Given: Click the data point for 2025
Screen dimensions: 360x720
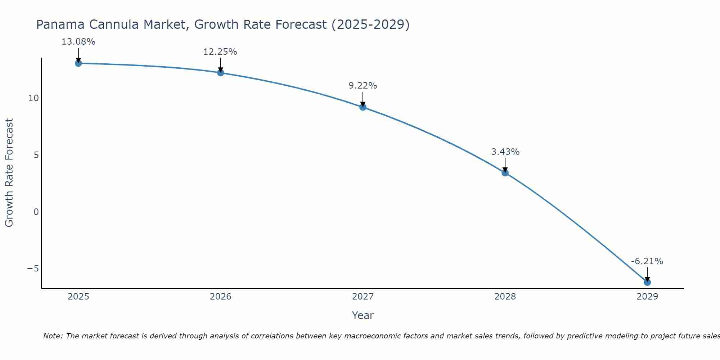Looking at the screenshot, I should pyautogui.click(x=78, y=63).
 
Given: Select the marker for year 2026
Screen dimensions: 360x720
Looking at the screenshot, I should pyautogui.click(x=221, y=73).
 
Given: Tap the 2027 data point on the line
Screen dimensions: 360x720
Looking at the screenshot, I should pyautogui.click(x=363, y=107).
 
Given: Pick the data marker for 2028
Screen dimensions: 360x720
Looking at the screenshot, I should pyautogui.click(x=505, y=173).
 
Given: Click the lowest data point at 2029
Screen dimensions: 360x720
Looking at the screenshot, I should pyautogui.click(x=647, y=282).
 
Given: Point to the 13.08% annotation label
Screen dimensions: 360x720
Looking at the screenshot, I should pyautogui.click(x=78, y=42).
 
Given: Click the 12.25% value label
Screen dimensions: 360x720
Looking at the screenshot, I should pyautogui.click(x=220, y=52).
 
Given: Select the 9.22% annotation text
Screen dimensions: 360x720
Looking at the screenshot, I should pyautogui.click(x=363, y=86).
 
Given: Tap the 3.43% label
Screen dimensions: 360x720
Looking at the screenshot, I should pyautogui.click(x=505, y=152).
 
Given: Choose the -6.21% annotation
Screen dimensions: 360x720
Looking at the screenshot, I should pyautogui.click(x=647, y=261).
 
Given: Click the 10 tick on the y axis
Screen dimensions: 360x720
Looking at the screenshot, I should pyautogui.click(x=33, y=98).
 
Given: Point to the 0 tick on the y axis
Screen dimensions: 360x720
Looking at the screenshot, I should pyautogui.click(x=36, y=212).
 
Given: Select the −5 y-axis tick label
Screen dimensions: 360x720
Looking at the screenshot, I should pyautogui.click(x=33, y=269).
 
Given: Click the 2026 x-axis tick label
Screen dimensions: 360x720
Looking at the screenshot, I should pyautogui.click(x=221, y=297).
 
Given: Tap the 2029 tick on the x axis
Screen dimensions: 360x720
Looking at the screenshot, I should pyautogui.click(x=647, y=297).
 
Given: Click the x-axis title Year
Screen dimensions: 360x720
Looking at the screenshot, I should pyautogui.click(x=363, y=315).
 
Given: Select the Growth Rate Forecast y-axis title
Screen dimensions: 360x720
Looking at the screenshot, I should pyautogui.click(x=9, y=173).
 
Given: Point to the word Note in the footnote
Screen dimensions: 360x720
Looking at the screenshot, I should pyautogui.click(x=53, y=336).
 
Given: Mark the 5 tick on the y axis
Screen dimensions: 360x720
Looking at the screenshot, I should pyautogui.click(x=36, y=155).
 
